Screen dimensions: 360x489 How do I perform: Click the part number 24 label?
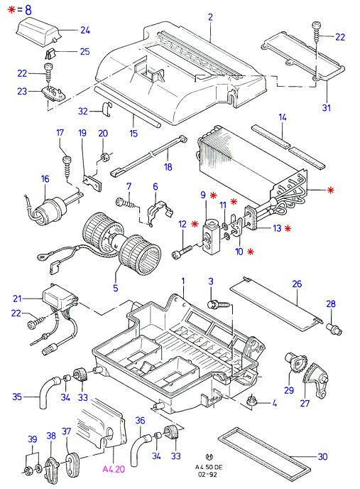pos(85,31)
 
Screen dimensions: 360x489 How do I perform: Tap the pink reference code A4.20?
pos(114,469)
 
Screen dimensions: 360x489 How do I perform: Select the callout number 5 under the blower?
pos(116,288)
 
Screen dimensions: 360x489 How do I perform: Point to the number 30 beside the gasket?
pos(322,456)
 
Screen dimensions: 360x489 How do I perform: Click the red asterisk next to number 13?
pos(288,228)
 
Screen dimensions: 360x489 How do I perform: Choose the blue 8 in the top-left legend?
pos(28,10)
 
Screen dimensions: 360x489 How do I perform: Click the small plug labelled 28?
pos(334,329)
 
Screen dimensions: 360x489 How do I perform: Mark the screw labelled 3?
pos(218,303)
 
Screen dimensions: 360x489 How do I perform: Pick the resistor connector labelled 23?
pos(54,93)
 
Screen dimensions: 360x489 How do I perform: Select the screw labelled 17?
pos(67,166)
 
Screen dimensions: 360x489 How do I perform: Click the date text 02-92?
pos(209,475)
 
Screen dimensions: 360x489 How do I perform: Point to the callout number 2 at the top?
pos(210,17)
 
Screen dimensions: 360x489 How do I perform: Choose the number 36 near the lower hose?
pos(141,421)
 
